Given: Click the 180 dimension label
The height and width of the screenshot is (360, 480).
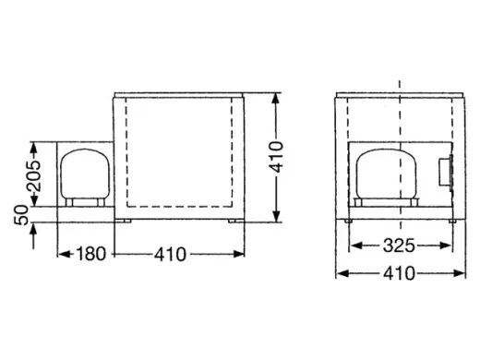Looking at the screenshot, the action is tap(90, 254).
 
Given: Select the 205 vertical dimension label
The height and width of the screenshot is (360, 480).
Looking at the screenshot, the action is tap(33, 175).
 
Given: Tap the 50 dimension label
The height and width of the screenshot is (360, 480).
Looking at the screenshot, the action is tap(22, 215).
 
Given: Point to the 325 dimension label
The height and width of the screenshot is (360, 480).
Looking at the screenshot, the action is tap(399, 246).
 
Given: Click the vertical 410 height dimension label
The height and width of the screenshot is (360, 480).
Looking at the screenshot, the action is tap(276, 157).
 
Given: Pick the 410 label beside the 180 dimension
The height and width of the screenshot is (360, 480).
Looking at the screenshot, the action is tap(171, 254).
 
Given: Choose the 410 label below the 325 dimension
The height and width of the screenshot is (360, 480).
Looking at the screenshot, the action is tap(399, 272).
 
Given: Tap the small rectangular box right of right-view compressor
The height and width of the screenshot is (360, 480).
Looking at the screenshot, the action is tap(445, 172).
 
